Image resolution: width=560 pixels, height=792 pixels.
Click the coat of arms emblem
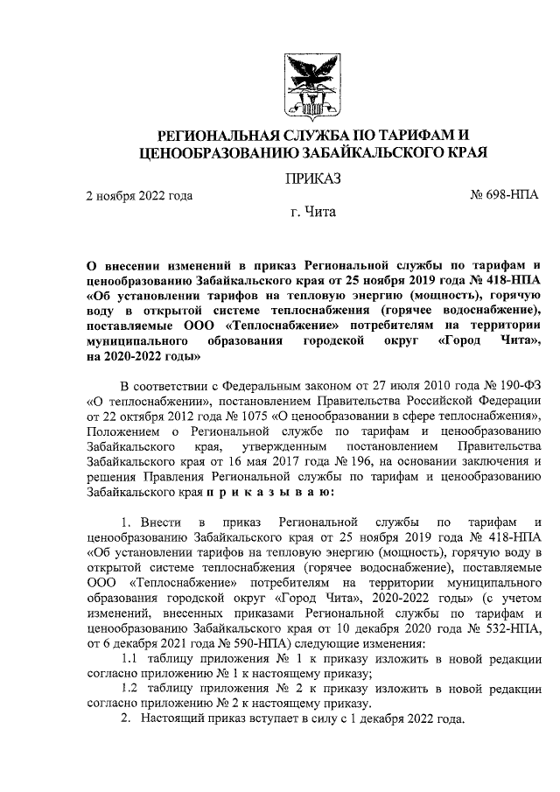coord(311,87)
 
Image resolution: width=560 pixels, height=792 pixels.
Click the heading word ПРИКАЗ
coord(312,179)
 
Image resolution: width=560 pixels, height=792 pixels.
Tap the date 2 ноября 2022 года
coord(139,195)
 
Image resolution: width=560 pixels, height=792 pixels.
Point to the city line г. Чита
coord(312,211)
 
